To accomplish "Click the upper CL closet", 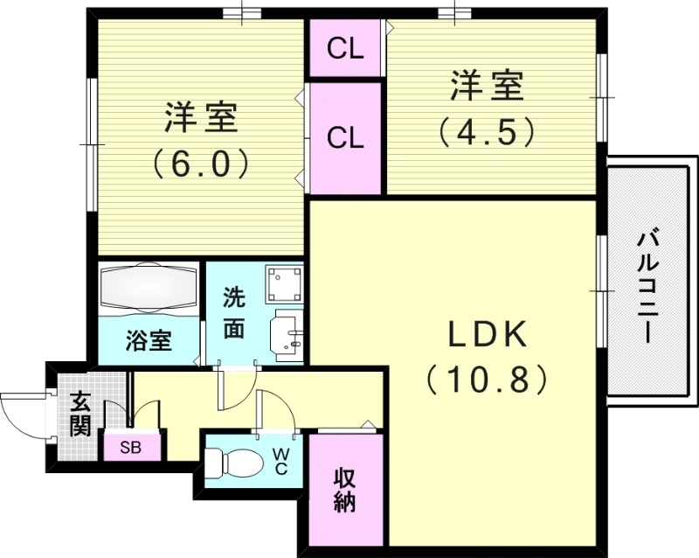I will [345, 49].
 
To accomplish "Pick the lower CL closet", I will [345, 137].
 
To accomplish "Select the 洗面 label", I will [233, 313].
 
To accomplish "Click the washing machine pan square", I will [284, 282].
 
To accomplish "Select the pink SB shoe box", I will [131, 448].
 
